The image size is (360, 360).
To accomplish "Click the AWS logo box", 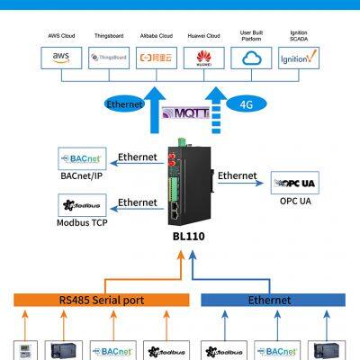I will [x=60, y=58].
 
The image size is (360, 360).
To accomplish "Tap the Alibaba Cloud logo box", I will [x=157, y=58].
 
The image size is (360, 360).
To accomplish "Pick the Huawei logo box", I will [x=203, y=58].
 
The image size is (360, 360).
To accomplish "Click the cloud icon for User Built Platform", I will [x=251, y=58].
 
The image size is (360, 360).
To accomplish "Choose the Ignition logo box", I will [x=298, y=58].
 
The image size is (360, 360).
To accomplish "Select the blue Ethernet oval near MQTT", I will [x=124, y=104].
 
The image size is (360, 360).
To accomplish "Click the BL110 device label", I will [x=184, y=238].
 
